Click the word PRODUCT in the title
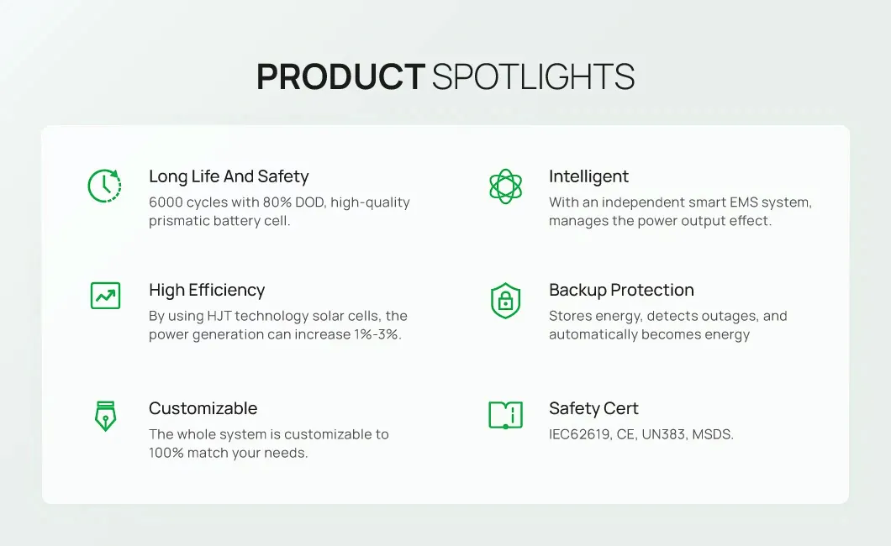[340, 77]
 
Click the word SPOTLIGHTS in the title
[533, 77]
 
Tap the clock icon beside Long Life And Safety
[104, 186]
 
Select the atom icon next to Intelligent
[505, 186]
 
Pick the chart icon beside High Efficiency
[105, 295]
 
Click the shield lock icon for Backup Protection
[505, 300]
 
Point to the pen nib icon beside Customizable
[105, 415]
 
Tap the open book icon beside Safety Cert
[505, 414]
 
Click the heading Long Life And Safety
[229, 176]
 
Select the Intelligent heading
[588, 176]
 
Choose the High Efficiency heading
[207, 290]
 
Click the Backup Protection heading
[621, 290]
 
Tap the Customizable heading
[203, 408]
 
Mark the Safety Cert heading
[593, 408]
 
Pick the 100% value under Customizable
[166, 453]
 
